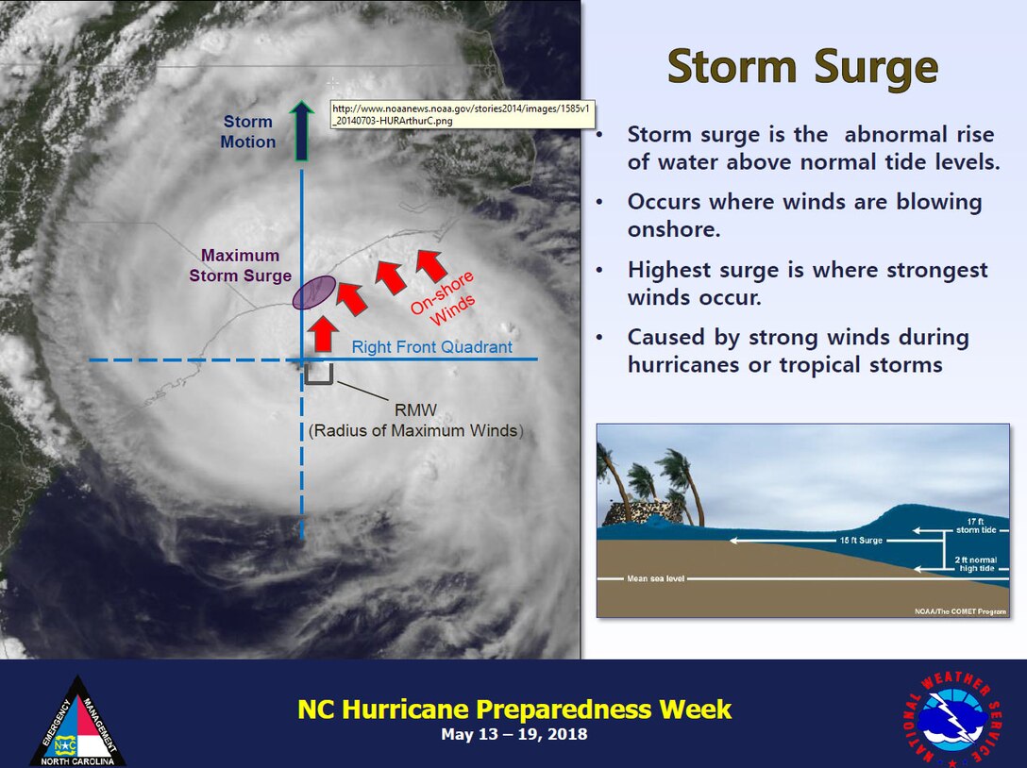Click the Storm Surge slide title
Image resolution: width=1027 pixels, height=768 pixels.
(x=802, y=67)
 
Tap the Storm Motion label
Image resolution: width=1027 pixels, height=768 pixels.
(x=247, y=131)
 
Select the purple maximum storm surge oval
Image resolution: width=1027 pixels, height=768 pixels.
(x=314, y=292)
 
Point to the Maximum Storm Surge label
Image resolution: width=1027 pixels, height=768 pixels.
(x=241, y=265)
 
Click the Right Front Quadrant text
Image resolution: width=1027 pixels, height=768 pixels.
(x=432, y=347)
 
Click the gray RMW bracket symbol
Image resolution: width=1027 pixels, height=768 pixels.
(x=319, y=374)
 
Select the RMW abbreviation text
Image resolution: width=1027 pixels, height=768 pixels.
(x=415, y=410)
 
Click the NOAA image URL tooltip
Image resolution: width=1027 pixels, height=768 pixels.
(x=463, y=114)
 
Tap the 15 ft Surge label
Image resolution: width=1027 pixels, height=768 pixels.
(x=861, y=541)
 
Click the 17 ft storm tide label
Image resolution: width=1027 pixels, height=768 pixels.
(x=976, y=526)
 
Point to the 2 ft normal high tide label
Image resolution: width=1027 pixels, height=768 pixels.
(x=976, y=564)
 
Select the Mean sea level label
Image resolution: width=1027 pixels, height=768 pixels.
(x=656, y=578)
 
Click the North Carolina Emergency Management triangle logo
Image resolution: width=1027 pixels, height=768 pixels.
(x=78, y=722)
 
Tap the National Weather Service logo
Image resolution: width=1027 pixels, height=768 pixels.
(x=953, y=719)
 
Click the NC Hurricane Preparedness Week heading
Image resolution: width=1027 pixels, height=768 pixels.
(x=514, y=710)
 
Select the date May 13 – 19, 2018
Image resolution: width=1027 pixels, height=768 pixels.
(x=514, y=734)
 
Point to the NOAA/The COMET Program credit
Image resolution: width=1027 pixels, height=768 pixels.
(x=960, y=611)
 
